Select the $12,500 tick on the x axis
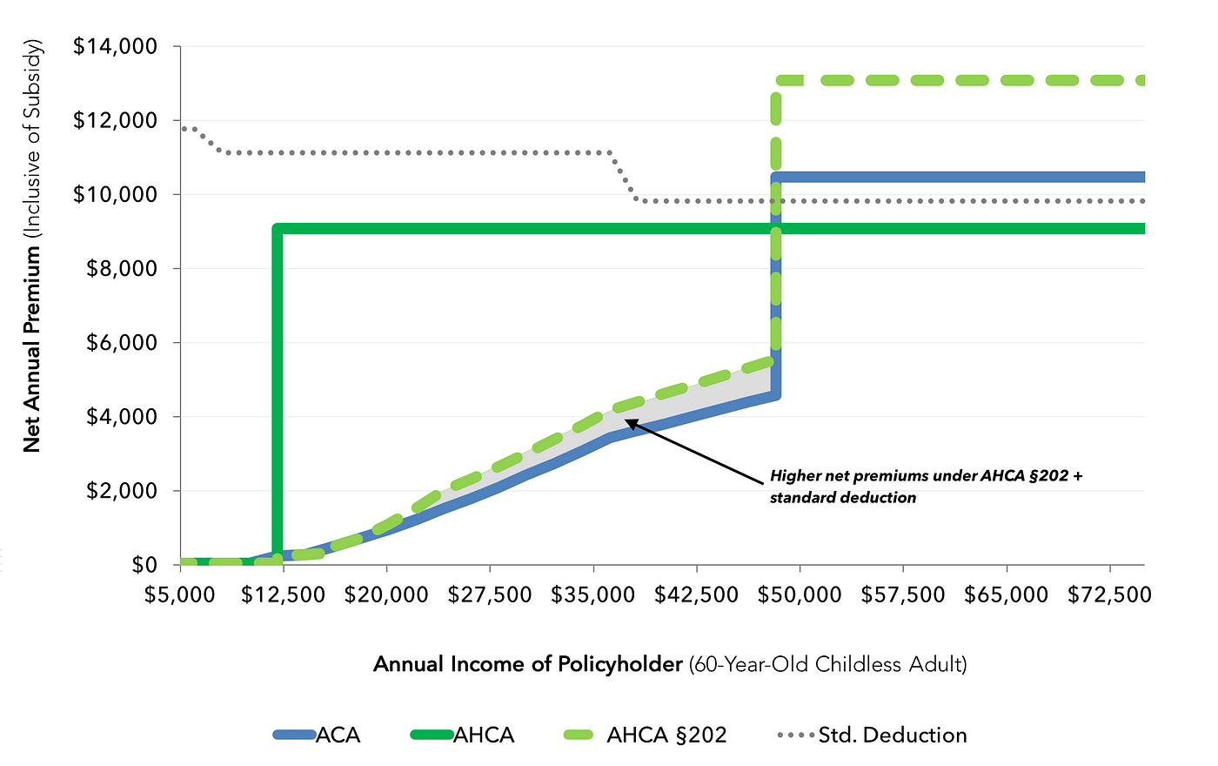[x=284, y=595]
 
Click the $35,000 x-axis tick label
[x=594, y=595]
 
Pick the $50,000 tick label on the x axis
[x=800, y=595]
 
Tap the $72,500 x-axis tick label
[x=1109, y=595]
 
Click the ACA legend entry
[x=317, y=735]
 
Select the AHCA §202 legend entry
[x=644, y=735]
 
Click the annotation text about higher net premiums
[x=926, y=487]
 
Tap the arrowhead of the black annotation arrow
[x=629, y=421]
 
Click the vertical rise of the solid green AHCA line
[x=278, y=392]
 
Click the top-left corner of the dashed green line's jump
[x=776, y=81]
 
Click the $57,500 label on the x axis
[x=903, y=595]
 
